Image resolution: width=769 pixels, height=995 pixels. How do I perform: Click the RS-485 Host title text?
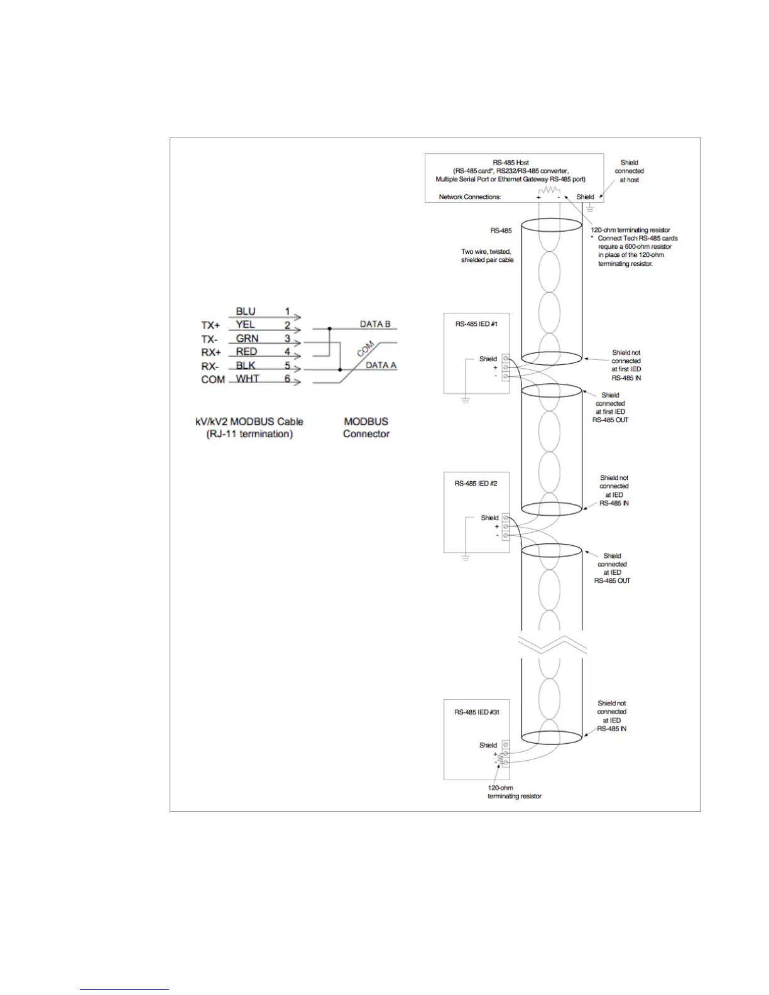click(x=511, y=163)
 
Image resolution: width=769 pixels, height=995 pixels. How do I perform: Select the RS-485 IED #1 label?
click(x=476, y=324)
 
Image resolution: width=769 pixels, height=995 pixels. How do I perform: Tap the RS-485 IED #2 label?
click(x=476, y=484)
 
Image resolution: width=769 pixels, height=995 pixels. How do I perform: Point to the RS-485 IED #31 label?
click(x=477, y=712)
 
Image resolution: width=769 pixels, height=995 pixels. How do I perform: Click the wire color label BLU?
click(x=246, y=312)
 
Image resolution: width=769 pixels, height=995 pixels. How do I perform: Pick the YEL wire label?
click(x=245, y=325)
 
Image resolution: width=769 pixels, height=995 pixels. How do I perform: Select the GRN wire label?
click(x=247, y=339)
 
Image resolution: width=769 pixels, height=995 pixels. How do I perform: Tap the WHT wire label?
click(x=248, y=379)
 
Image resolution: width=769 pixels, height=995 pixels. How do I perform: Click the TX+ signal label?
click(x=210, y=325)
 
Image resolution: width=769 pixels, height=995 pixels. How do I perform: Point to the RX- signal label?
click(x=210, y=366)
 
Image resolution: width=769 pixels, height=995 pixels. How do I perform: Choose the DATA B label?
click(x=375, y=324)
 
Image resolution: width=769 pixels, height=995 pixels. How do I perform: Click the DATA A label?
click(x=381, y=365)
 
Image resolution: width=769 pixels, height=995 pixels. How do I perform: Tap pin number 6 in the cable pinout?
click(x=287, y=379)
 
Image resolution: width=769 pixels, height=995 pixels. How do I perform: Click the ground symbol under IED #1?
click(x=465, y=400)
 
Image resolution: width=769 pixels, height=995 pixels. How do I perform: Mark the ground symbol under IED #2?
click(x=465, y=557)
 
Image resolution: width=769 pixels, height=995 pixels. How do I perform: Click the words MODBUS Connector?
click(x=366, y=428)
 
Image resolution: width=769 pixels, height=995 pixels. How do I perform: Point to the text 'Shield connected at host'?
click(x=629, y=171)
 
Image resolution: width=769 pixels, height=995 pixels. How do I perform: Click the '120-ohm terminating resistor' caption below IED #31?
click(x=514, y=792)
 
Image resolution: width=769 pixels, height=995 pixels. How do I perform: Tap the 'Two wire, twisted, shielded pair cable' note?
click(x=487, y=256)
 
